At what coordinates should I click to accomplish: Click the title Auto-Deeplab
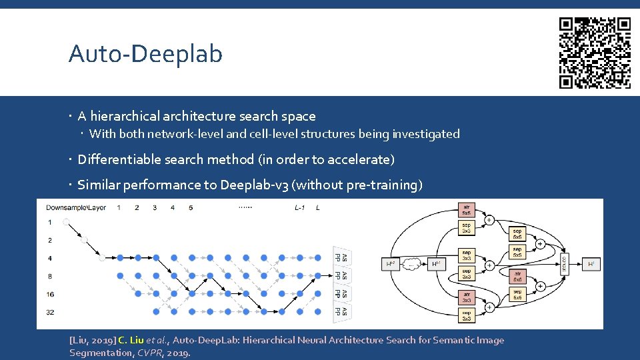(x=145, y=53)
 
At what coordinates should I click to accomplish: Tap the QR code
(x=595, y=53)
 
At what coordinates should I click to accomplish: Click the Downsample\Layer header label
(x=76, y=208)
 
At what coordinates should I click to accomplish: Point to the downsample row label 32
(x=50, y=311)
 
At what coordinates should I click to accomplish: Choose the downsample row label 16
(x=50, y=293)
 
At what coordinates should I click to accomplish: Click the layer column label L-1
(x=299, y=208)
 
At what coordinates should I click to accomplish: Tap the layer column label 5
(x=191, y=208)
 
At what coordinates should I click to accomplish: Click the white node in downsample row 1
(x=67, y=222)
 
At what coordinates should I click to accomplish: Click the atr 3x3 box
(x=466, y=297)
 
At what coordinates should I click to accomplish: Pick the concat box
(x=565, y=264)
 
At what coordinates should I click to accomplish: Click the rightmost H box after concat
(x=591, y=264)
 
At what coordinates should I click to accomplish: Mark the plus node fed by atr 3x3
(x=489, y=307)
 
